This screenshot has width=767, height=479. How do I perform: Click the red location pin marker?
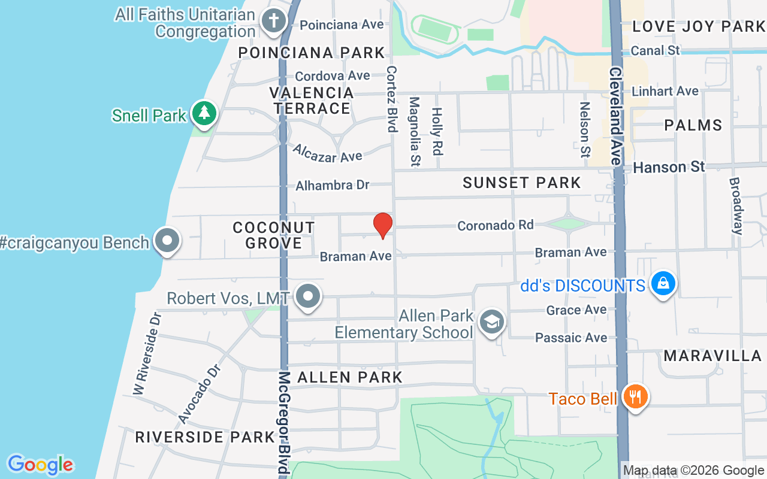pos(383,226)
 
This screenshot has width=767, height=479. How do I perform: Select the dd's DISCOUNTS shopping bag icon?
pos(663,284)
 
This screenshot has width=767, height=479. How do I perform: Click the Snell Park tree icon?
pos(204,113)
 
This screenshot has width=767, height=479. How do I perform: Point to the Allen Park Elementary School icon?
pos(492,323)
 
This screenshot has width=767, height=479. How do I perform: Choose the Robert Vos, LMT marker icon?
pos(309,296)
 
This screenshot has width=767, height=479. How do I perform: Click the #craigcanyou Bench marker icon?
pos(167,241)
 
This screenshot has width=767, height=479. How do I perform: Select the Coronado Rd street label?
pos(495,225)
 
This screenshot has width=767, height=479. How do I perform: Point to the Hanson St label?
pos(669,167)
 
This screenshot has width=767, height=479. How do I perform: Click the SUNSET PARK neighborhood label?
pos(522,183)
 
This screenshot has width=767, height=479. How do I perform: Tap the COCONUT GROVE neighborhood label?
pos(274,235)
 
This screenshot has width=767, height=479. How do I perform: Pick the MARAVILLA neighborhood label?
pos(712,356)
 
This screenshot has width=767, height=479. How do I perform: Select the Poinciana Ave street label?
pos(342,25)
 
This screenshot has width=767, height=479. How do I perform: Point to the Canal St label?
pos(656,51)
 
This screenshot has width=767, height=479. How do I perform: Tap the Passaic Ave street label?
pos(571,338)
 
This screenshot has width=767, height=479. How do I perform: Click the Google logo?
pos(40,465)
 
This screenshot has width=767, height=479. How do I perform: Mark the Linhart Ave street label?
pos(665,92)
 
